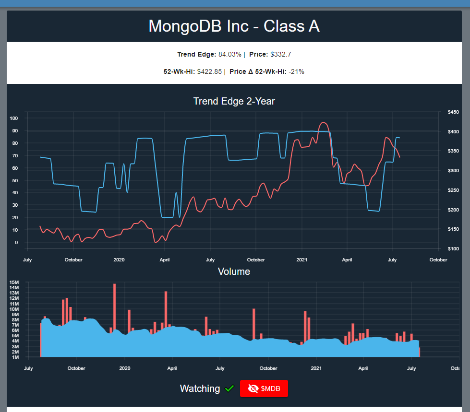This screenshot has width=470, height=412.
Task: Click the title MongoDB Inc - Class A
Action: [234, 26]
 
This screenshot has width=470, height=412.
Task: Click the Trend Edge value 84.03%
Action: [229, 54]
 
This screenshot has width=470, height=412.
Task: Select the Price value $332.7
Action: [281, 54]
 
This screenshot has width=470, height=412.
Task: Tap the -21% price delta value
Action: [296, 71]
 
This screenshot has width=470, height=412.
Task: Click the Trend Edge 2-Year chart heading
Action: [234, 101]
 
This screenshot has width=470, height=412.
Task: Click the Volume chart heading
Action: [234, 271]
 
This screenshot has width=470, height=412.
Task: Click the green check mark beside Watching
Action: [229, 388]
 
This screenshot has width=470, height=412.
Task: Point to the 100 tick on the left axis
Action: [13, 118]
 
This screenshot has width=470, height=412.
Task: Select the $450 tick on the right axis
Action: [453, 112]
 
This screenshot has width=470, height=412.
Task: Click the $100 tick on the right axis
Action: [453, 248]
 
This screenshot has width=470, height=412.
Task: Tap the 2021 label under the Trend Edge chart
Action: [301, 260]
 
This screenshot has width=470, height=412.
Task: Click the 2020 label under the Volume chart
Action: [124, 368]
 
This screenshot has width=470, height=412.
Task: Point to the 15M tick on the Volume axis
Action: [14, 282]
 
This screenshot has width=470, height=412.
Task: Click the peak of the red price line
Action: [323, 122]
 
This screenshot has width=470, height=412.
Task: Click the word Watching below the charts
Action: [200, 388]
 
